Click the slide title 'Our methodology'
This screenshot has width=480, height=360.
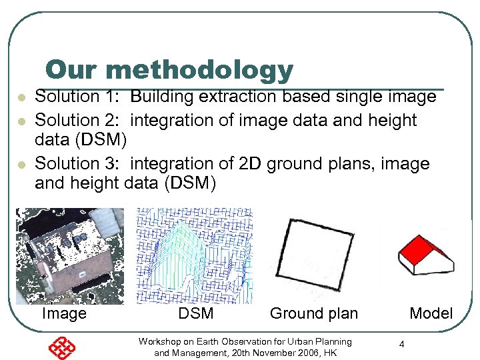coord(169,69)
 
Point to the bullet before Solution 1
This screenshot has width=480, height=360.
coord(21,98)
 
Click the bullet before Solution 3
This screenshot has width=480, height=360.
coord(21,165)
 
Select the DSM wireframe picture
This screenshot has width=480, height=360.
coord(195,256)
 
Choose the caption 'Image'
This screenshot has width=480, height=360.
coord(64,314)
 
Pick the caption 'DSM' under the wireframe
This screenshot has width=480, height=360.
coord(196,314)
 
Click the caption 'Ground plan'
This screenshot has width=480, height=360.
coord(313,314)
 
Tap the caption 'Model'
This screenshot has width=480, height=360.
coord(431,314)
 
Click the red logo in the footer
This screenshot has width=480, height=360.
coord(62,347)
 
